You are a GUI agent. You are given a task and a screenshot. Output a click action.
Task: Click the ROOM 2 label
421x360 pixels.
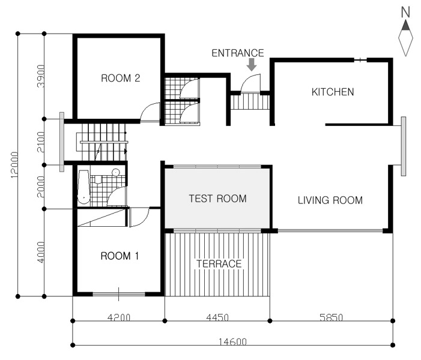(121, 78)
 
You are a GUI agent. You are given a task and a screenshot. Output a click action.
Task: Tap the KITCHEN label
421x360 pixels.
(333, 92)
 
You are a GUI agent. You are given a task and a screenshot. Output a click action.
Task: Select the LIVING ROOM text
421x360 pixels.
(330, 200)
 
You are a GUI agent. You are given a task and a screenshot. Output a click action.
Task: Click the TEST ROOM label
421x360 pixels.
(218, 199)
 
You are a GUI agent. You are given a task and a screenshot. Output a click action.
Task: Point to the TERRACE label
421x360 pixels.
(219, 263)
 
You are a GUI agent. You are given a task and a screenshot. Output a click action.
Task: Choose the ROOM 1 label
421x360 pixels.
(120, 256)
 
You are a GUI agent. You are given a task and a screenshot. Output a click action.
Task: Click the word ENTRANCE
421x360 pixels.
(238, 53)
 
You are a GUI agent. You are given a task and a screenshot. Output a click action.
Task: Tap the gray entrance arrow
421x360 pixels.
(252, 64)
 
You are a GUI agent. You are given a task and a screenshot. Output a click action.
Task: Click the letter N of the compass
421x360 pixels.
(405, 13)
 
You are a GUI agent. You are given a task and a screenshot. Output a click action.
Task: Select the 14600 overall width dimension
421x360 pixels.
(232, 342)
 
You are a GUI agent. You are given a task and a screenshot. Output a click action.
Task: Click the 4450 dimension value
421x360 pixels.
(217, 317)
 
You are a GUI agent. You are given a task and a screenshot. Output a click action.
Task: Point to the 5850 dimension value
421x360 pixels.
(332, 317)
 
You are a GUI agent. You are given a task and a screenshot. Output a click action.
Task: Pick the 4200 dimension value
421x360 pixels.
(119, 317)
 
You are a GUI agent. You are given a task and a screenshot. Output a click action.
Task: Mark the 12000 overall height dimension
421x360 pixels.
(14, 165)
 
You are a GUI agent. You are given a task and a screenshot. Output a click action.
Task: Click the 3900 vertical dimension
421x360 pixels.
(41, 76)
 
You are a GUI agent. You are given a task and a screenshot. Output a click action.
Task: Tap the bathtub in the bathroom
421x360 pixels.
(83, 187)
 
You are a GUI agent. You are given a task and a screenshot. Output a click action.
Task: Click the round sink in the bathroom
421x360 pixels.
(116, 172)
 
